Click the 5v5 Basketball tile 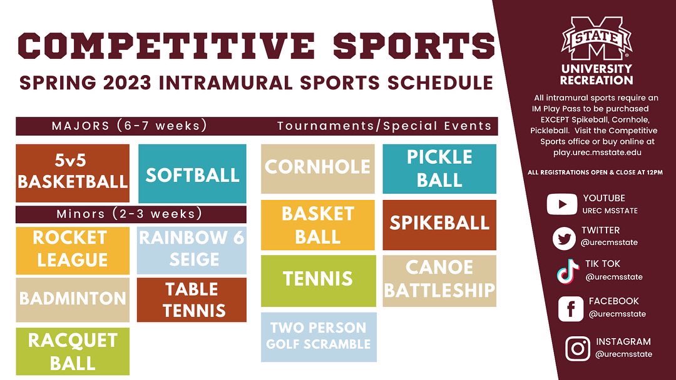coord(73,173)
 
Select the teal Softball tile coord(192,174)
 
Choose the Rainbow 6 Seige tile coord(192,249)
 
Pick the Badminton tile coord(73,299)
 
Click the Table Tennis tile coord(192,300)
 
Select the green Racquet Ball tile coord(73,351)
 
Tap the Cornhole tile coord(318,168)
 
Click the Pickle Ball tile coord(439,168)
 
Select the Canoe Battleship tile coord(439,280)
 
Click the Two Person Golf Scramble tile coord(319,337)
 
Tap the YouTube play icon coord(561,204)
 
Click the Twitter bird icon coord(563,238)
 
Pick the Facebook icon coord(570,309)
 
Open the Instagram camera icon coord(577,349)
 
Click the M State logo coord(596,39)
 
